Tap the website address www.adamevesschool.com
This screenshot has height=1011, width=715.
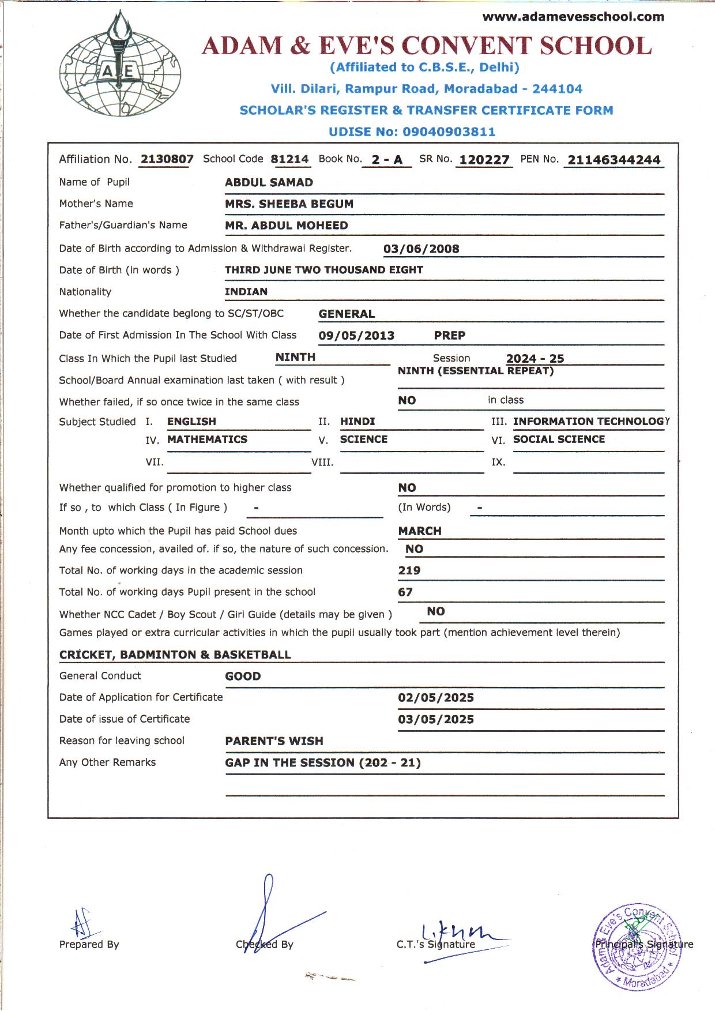pos(573,17)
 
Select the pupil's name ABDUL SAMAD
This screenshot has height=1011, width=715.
pos(269,182)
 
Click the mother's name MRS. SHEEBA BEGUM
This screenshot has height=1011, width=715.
pos(289,204)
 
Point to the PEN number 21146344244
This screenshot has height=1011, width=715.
pos(614,160)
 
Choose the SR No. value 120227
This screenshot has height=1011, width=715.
pos(484,160)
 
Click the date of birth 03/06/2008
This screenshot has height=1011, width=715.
pos(421,249)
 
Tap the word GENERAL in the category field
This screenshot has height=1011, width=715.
pos(347,314)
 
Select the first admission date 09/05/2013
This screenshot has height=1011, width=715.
pos(356,336)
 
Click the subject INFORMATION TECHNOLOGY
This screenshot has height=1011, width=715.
pos(590,422)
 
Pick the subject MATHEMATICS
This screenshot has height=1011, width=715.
pos(207,439)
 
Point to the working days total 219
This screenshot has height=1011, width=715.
pos(409,571)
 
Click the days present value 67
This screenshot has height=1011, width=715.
pos(405,592)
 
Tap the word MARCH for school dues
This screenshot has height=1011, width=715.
pos(420,531)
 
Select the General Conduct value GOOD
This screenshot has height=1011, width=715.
pos(243,676)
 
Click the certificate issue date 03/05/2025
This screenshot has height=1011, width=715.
pos(436,720)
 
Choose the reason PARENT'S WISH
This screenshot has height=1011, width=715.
pos(274,741)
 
